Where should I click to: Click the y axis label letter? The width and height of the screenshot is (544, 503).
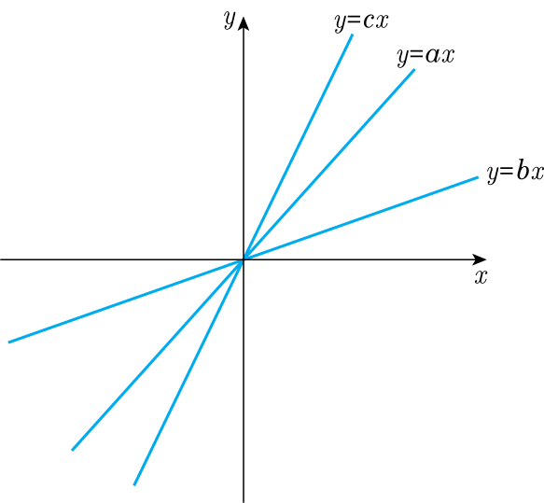pos(230,19)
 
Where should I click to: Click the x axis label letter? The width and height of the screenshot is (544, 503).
pos(481,277)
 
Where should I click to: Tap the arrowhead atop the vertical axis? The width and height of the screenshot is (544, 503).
pos(244,23)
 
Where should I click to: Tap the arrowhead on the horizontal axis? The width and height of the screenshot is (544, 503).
pos(480,259)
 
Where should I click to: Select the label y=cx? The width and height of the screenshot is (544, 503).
pos(361,21)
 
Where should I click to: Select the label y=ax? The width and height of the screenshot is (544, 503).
pos(425,55)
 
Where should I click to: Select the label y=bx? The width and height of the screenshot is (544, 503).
pos(515,172)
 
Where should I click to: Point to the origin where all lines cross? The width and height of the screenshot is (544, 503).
pos(244,259)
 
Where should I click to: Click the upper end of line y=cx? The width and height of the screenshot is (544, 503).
pos(353,35)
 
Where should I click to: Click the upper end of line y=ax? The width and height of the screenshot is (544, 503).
pos(414,70)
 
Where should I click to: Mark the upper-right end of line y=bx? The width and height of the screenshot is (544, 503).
pos(478,177)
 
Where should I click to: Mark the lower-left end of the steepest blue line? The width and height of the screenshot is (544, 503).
pos(134,485)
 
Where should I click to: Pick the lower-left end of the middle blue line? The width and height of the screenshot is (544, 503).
pos(72,450)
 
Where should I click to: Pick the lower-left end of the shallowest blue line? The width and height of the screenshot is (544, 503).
pos(8,342)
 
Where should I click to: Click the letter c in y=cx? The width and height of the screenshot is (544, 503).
pos(368,21)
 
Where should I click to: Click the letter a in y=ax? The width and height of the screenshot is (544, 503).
pos(432,55)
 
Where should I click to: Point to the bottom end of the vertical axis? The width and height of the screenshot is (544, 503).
pos(244,502)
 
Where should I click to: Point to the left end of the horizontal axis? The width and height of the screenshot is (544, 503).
pos(1,259)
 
